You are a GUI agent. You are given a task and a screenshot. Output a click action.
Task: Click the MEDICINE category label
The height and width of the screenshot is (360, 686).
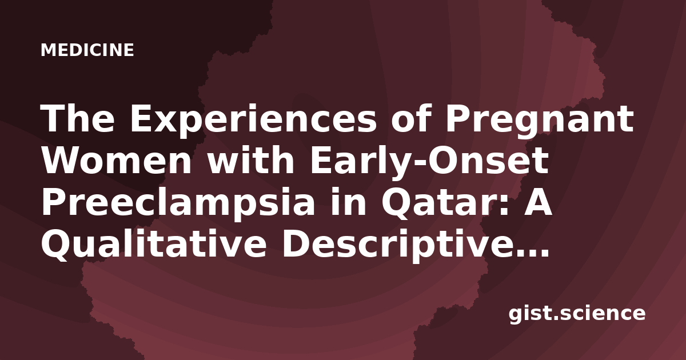pos(87,50)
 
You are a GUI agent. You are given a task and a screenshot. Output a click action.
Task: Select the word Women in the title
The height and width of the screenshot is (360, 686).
pos(117,161)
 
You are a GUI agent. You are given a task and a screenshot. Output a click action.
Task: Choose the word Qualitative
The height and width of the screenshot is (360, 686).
pos(154,244)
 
